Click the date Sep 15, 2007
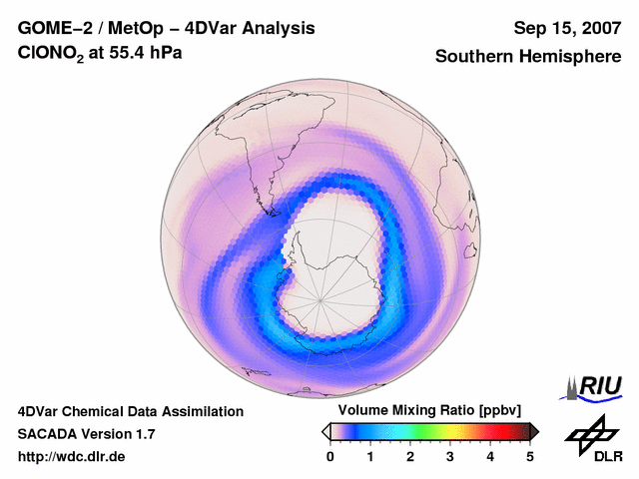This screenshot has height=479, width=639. [x=565, y=28]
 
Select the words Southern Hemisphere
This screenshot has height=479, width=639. [x=528, y=57]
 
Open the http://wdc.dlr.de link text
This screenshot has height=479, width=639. [x=72, y=457]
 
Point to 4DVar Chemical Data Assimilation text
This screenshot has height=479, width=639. [x=130, y=411]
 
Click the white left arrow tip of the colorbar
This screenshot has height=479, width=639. [x=324, y=431]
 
